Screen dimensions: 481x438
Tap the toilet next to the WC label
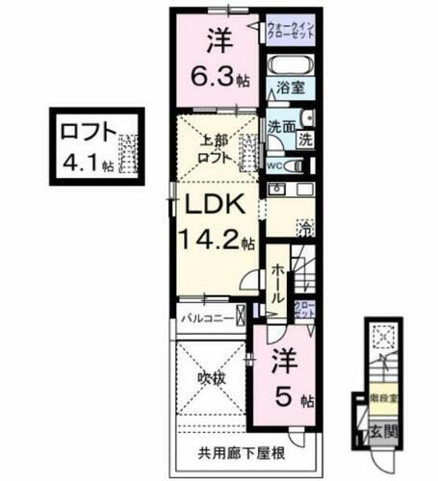click(296, 165)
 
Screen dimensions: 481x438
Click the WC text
click(276, 165)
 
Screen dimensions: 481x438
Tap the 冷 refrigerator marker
click(305, 229)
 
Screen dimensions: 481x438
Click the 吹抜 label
click(212, 378)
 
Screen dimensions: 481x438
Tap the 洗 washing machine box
click(305, 139)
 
